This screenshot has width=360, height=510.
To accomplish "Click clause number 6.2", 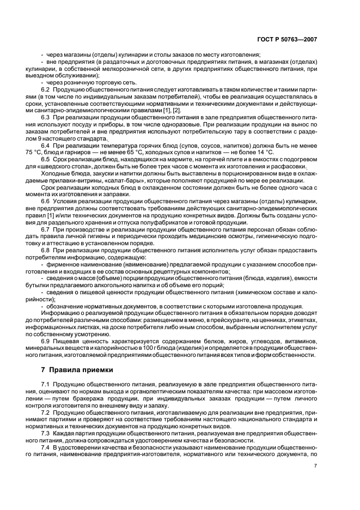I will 46,89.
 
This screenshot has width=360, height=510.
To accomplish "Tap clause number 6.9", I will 46,341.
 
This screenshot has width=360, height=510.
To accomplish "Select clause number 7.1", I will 46,385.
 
